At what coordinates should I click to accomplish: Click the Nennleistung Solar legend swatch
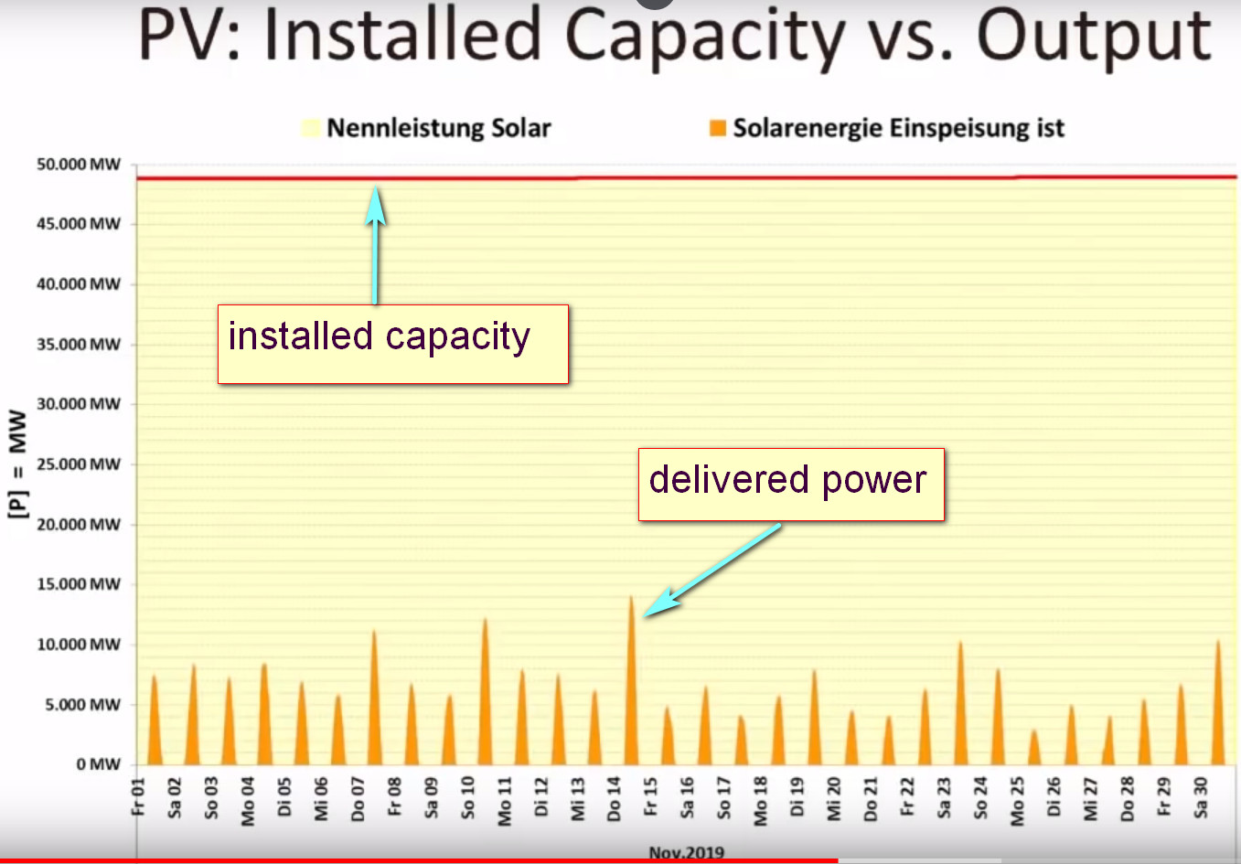tap(311, 128)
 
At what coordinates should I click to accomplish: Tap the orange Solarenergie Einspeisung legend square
tap(718, 128)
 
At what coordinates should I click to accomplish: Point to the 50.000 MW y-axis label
tap(78, 165)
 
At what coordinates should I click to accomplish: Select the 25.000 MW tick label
tap(78, 464)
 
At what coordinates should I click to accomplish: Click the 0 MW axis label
tap(99, 764)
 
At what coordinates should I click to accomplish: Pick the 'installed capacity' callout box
tap(393, 344)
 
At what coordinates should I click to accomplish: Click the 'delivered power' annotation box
tap(791, 485)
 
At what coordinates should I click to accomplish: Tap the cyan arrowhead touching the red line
tap(376, 204)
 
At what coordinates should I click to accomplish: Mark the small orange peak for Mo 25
tap(1033, 748)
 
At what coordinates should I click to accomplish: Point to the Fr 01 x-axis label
tap(138, 796)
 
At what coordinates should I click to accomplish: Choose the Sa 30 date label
tap(1200, 797)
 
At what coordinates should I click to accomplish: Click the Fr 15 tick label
tap(650, 796)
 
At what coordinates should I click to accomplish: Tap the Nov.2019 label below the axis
tap(687, 852)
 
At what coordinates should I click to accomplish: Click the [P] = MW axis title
tap(17, 464)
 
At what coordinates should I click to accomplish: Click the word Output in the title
tap(1094, 37)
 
